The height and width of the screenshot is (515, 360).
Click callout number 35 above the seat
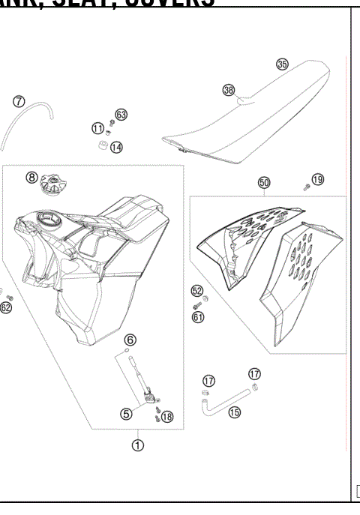point(282,64)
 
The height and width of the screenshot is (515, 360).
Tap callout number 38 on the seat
point(229,90)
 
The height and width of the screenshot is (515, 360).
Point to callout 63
point(121,115)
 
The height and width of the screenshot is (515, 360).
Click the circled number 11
point(97,128)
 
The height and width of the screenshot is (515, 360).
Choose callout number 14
point(116,148)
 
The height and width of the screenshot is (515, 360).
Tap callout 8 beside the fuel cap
point(31,178)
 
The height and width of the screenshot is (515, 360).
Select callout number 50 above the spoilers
point(263,182)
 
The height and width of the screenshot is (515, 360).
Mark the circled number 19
point(318,179)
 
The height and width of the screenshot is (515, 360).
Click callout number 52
point(197,290)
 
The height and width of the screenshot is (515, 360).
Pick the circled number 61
point(198,317)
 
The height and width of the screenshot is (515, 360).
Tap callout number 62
point(6,307)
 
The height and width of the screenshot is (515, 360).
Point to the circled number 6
point(130,340)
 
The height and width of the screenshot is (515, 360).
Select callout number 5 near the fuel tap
point(126,412)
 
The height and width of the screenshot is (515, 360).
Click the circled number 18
point(166,417)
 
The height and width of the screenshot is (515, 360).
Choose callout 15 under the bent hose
point(235,412)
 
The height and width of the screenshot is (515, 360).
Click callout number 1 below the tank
point(138,444)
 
